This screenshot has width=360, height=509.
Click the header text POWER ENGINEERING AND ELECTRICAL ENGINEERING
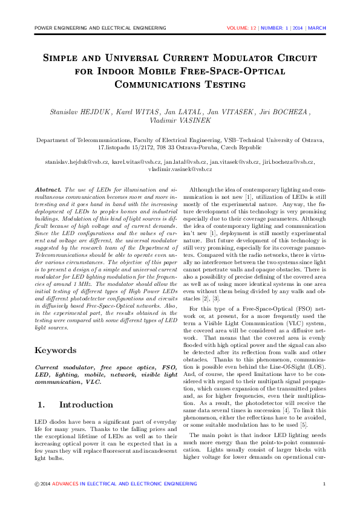100,28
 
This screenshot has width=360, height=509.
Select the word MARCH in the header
317,28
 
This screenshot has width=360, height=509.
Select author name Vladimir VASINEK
180,121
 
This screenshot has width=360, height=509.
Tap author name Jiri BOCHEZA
285,112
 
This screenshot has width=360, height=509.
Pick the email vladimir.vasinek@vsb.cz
180,170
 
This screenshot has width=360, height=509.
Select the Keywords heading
55,350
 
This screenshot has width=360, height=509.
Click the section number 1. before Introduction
42,404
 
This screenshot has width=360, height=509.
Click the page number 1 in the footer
325,484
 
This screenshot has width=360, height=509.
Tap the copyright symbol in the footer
37,484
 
